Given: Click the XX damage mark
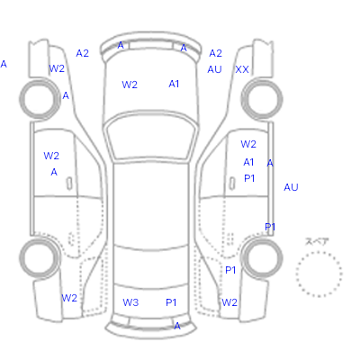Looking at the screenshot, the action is click(x=242, y=69).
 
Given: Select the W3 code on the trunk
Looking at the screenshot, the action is click(x=130, y=302).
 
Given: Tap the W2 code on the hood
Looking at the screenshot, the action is click(x=130, y=85).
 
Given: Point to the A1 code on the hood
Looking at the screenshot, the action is click(x=174, y=84).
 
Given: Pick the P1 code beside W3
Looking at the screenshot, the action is click(x=171, y=302).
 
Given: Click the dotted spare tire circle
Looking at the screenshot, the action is click(x=319, y=252).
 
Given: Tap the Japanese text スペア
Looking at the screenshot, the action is click(x=317, y=241).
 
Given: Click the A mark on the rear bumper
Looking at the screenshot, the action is click(x=177, y=326).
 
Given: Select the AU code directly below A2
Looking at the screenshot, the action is click(x=214, y=69).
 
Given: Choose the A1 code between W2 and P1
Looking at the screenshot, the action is click(x=248, y=162).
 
